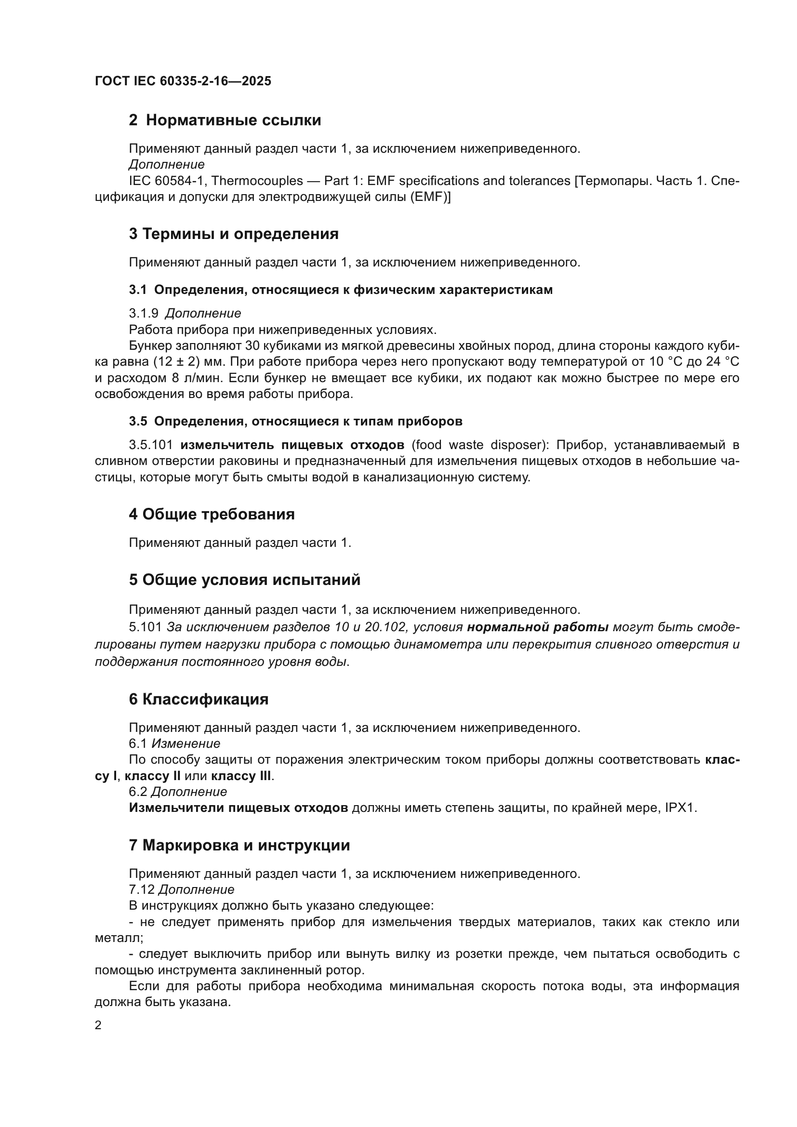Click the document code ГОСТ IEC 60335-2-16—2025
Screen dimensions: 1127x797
[183, 81]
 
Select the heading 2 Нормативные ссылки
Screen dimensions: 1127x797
[225, 120]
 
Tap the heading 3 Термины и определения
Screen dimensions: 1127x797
[234, 234]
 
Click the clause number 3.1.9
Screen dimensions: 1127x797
[144, 313]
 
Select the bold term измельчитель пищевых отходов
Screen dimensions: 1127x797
[292, 445]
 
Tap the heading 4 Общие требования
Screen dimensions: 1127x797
[212, 515]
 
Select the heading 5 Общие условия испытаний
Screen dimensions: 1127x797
[244, 580]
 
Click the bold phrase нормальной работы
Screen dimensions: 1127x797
[537, 627]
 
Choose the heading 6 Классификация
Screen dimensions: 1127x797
[199, 700]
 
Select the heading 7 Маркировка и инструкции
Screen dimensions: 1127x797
[239, 846]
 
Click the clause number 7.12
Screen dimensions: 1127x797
[141, 889]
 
